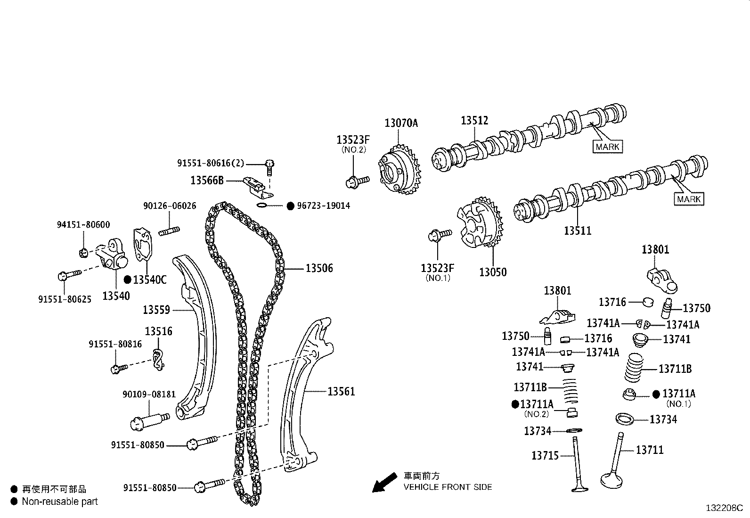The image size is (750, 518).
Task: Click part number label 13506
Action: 319,268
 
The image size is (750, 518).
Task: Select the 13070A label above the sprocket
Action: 401,123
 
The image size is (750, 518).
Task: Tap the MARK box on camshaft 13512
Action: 607,147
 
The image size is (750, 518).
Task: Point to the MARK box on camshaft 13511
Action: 689,199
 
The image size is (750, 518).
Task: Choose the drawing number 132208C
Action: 724,508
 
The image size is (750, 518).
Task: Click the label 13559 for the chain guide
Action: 156,310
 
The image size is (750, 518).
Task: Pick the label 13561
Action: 341,391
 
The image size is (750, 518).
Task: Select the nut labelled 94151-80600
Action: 83,253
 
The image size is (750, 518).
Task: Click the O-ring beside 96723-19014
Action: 262,206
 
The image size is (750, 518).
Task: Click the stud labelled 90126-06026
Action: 169,231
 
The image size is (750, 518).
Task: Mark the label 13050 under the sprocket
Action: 493,272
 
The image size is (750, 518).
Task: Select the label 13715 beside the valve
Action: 545,455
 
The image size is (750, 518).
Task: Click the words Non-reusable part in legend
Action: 60,502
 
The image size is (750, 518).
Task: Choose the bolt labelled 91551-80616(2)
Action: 269,164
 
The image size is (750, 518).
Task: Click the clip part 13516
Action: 158,359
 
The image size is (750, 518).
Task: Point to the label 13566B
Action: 207,180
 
